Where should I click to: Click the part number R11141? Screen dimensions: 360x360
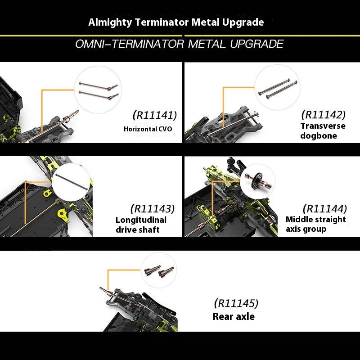(x=155, y=115)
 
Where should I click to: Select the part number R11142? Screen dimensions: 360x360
(x=323, y=115)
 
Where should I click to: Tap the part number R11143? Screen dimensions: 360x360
(x=153, y=209)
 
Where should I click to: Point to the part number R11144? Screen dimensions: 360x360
(x=325, y=209)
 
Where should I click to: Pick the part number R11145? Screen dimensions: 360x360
(x=236, y=303)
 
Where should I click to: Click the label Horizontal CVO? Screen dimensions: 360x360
(x=148, y=129)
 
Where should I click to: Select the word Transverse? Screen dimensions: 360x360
(x=323, y=126)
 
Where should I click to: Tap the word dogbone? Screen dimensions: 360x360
(x=319, y=136)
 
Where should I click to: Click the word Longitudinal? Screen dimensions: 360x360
(x=141, y=220)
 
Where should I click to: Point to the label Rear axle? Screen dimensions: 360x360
(x=234, y=317)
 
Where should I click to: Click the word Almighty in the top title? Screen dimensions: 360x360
(x=110, y=22)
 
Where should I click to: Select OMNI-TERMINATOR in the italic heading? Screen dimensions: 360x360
(x=130, y=44)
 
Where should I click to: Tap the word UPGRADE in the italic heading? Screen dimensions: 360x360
(x=257, y=44)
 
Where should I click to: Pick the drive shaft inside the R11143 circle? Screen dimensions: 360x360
(x=72, y=182)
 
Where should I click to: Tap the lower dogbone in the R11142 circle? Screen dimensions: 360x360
(x=282, y=90)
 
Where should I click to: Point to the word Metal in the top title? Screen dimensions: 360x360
(x=206, y=22)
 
